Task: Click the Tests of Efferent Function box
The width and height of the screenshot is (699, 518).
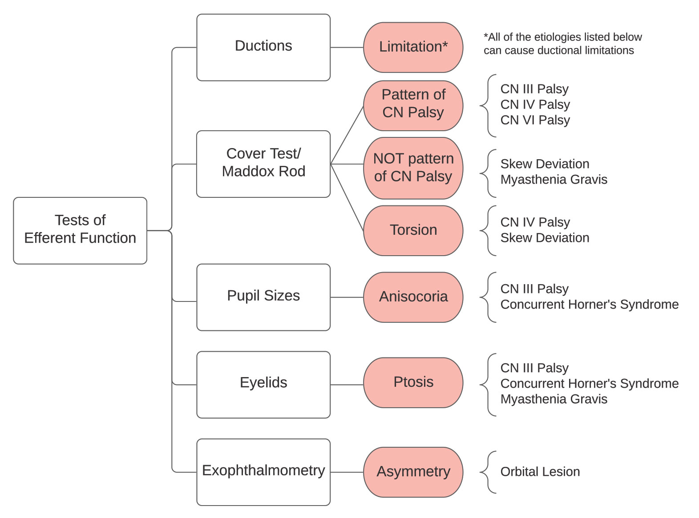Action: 80,230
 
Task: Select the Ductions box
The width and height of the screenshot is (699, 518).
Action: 263,47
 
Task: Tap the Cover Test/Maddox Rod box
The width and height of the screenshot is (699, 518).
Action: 263,164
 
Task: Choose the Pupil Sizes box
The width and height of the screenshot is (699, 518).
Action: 263,297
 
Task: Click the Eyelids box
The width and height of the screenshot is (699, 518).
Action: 263,384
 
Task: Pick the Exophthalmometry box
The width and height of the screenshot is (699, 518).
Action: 263,471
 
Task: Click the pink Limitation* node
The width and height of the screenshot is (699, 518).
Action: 413,47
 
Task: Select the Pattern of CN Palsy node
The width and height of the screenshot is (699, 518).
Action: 413,105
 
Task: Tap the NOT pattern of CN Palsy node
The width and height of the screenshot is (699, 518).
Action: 413,168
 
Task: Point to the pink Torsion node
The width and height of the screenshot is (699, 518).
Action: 413,230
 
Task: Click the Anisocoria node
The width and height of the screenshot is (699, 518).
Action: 413,297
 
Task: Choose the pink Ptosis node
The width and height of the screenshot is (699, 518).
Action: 413,382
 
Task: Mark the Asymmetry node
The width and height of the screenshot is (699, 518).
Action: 413,472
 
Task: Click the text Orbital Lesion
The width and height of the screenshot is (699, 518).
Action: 540,472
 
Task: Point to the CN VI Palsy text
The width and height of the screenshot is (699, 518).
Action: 535,120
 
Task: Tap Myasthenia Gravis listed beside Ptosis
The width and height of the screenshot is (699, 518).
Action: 554,399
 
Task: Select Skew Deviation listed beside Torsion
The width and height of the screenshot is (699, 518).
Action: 545,238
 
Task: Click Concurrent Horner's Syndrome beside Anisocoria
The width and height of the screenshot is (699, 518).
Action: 589,305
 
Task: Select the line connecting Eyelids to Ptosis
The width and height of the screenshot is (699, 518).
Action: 347,385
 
